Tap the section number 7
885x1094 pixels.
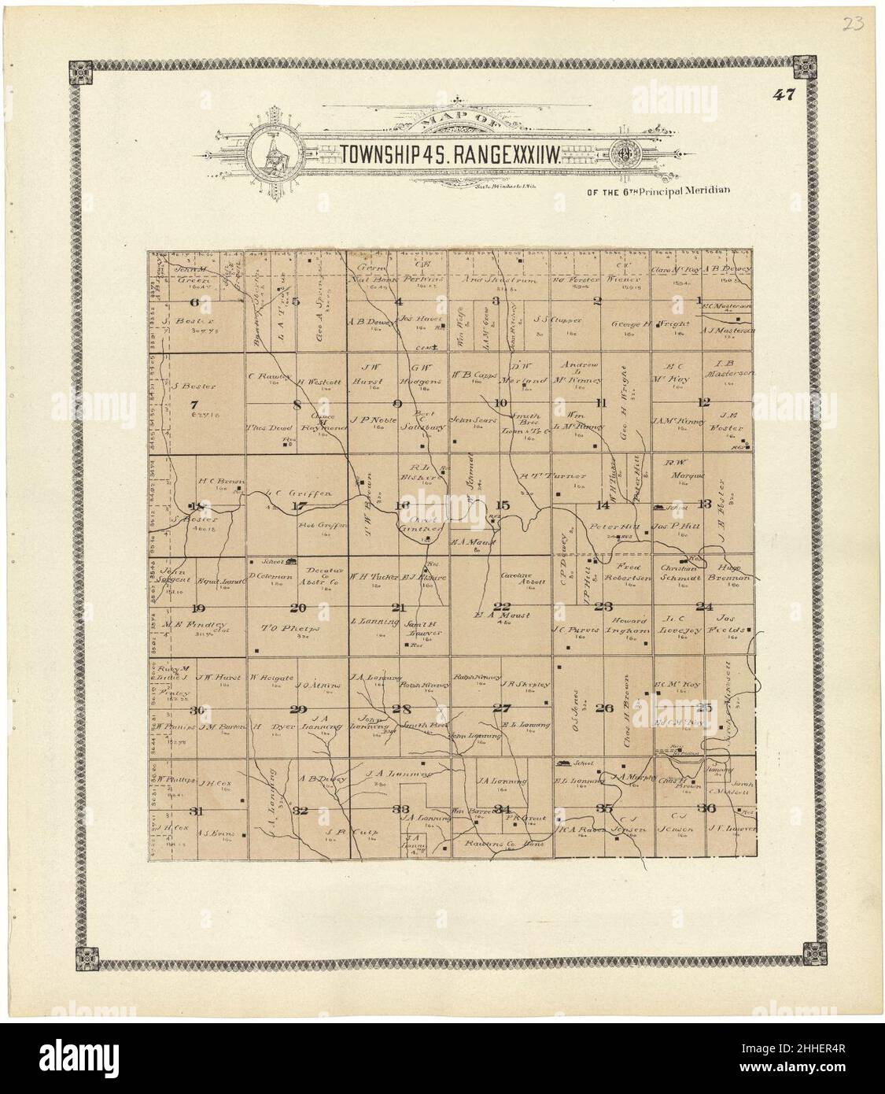point(194,404)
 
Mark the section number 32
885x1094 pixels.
point(300,810)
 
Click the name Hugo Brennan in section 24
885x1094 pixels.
point(729,572)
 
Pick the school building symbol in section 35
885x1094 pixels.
point(563,763)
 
